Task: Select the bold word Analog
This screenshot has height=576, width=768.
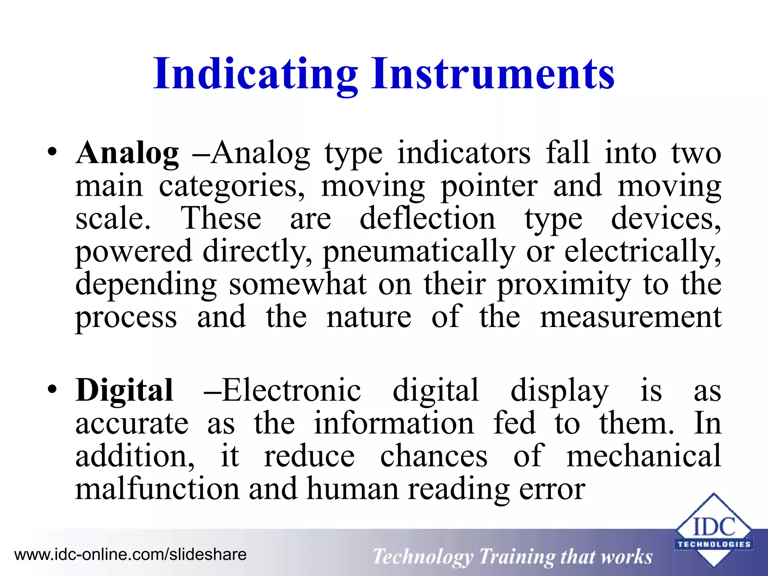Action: tap(127, 153)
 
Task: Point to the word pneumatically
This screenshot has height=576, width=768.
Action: tap(419, 252)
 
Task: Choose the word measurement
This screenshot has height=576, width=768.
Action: tap(631, 317)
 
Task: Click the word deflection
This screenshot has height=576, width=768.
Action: tap(427, 219)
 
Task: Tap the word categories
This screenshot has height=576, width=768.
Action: tap(232, 186)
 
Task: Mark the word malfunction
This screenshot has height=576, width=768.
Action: tap(157, 489)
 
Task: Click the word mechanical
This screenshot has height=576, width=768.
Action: tap(643, 456)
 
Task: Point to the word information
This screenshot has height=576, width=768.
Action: tap(394, 423)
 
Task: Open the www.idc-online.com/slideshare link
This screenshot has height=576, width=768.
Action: tap(130, 554)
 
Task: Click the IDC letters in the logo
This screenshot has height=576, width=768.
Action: tap(714, 527)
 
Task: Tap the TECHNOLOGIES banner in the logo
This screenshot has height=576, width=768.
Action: tap(714, 544)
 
